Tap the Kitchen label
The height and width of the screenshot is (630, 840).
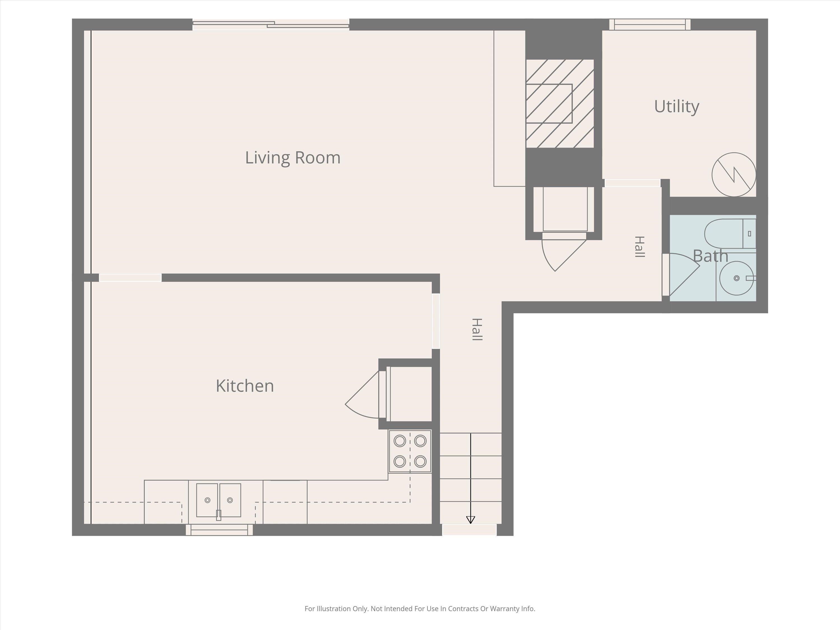(245, 386)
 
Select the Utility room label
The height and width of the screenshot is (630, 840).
(677, 107)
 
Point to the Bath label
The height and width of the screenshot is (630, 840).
(711, 256)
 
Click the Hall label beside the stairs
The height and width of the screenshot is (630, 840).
(477, 329)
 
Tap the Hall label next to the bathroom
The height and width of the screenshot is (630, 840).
(640, 247)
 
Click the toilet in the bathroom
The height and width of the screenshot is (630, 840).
(730, 234)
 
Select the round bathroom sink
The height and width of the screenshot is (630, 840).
(737, 278)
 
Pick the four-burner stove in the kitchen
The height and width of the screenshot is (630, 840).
(410, 451)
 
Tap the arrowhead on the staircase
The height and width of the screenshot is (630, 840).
(470, 520)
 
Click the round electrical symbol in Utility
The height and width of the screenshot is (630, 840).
(734, 175)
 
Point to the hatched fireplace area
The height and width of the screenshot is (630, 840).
(560, 104)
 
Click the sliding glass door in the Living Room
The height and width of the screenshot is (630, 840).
(271, 25)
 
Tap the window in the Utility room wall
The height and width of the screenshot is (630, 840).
(650, 25)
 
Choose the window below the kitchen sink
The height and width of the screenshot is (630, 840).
(219, 530)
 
